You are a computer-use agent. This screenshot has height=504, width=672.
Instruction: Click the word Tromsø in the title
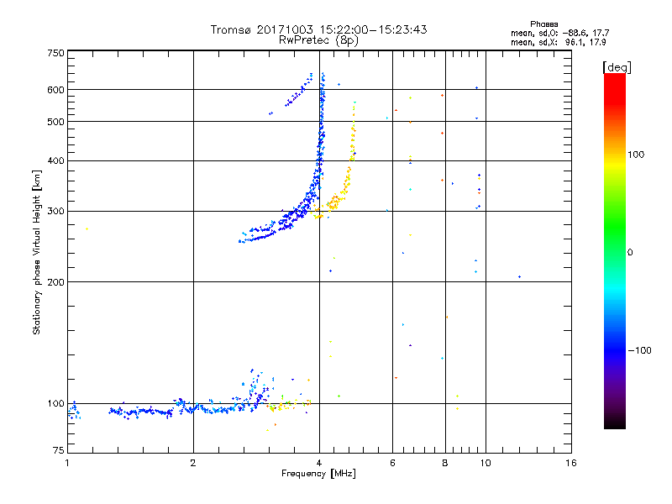click(233, 29)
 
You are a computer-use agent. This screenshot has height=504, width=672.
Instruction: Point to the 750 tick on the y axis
click(55, 53)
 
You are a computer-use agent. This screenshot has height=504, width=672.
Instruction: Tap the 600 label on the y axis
click(55, 90)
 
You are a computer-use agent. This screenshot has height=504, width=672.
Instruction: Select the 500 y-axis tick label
click(55, 122)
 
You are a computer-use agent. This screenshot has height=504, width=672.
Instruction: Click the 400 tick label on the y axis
click(55, 161)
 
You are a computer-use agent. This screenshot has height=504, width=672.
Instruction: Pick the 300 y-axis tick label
click(55, 212)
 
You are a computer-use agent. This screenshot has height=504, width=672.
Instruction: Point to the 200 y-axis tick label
click(55, 282)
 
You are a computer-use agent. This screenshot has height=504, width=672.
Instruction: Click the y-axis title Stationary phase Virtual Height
click(37, 252)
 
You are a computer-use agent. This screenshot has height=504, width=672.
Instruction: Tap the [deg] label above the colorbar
click(617, 66)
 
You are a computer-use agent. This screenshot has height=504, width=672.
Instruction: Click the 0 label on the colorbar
click(630, 252)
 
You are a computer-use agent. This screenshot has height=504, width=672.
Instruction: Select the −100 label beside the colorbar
click(640, 350)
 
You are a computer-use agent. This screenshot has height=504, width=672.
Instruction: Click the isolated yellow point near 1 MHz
click(87, 228)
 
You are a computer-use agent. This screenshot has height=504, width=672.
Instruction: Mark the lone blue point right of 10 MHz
click(520, 277)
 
